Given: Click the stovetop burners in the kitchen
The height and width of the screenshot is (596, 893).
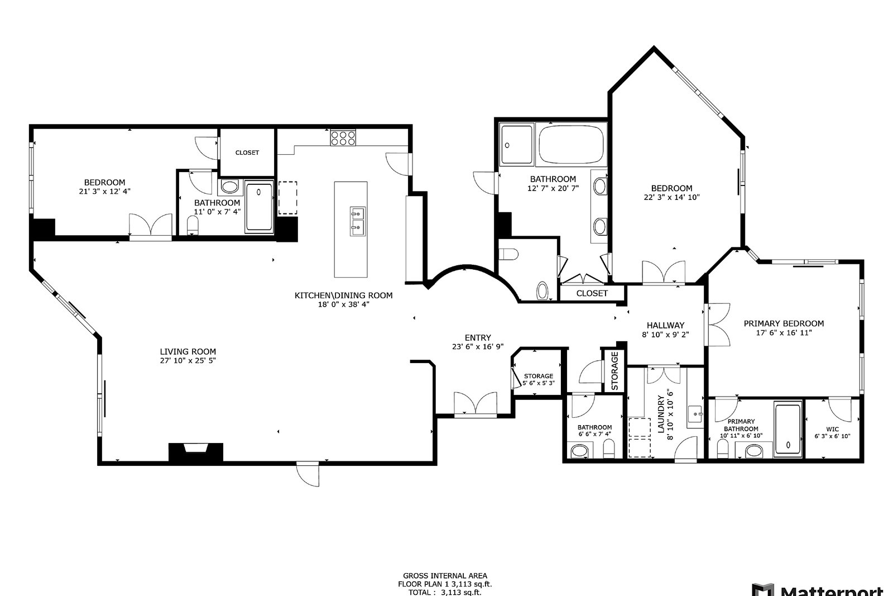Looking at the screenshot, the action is [x=343, y=138].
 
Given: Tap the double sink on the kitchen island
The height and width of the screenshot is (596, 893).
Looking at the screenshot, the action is [x=357, y=221].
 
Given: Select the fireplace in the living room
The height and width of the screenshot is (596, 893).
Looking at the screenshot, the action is [x=196, y=453].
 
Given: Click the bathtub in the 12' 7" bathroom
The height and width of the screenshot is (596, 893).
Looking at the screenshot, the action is [x=571, y=145].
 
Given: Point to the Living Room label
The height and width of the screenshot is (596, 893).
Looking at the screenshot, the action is [x=188, y=351].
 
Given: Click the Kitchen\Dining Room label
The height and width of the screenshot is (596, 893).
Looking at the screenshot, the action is [x=343, y=295].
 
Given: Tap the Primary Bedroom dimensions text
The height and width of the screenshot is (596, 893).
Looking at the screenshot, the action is [x=784, y=333].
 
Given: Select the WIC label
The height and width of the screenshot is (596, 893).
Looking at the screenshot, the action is [x=832, y=429].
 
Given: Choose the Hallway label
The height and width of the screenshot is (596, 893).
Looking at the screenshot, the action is [x=665, y=325].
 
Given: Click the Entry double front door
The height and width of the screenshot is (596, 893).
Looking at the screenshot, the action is [x=475, y=404].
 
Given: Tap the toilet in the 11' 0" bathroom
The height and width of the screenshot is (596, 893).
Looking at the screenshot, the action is [x=193, y=226].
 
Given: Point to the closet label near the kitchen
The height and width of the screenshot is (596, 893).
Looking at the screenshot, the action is [x=247, y=152].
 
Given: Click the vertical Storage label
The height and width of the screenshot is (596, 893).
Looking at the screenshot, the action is [x=614, y=370].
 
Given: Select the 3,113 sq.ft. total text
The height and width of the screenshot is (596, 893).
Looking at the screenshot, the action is [x=461, y=593].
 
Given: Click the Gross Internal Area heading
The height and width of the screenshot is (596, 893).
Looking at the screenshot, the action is [x=445, y=576].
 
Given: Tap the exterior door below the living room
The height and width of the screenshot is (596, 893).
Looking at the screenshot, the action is [x=308, y=474].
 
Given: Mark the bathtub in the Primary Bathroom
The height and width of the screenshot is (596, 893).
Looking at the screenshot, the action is [x=788, y=429].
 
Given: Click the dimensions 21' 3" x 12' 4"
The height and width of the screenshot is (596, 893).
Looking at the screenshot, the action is [x=104, y=191].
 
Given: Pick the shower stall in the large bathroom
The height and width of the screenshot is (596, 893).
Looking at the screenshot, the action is [x=517, y=145].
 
